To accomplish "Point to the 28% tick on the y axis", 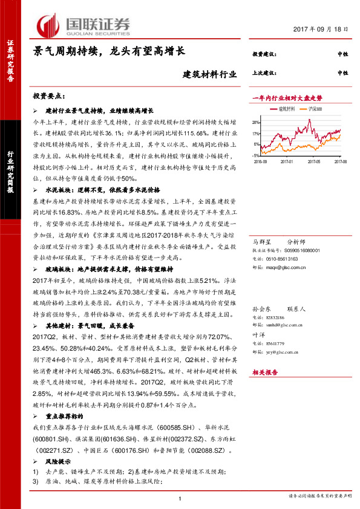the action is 257,122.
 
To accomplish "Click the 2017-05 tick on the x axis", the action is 314,162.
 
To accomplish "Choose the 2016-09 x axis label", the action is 261,162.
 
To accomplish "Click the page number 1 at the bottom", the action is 180,498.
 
